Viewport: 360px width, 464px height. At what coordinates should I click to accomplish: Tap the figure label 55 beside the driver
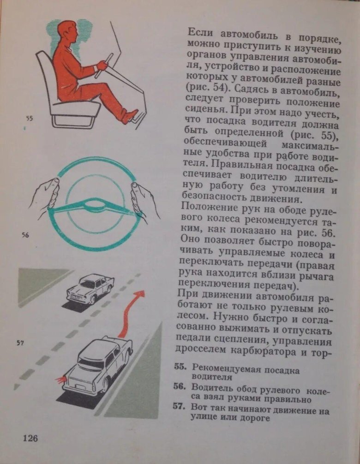click(x=30, y=119)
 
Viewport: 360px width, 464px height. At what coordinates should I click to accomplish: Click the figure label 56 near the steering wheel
click(x=25, y=235)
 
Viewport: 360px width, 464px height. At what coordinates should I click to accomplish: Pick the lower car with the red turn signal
click(x=97, y=364)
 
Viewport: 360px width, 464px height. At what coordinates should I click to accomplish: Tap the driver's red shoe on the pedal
click(x=130, y=115)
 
